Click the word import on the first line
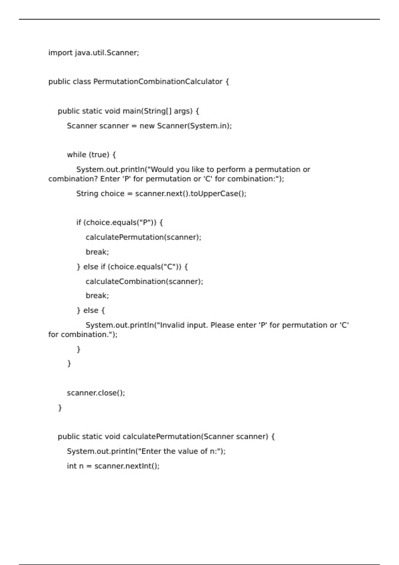tap(60, 53)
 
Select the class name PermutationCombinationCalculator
tap(158, 82)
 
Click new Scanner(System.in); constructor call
tap(186, 126)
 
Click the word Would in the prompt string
tap(162, 169)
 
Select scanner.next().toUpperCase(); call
tap(191, 194)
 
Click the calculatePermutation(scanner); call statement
tap(143, 237)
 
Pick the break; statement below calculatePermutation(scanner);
tap(97, 252)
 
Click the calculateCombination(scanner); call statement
tap(144, 282)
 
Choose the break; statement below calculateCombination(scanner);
tap(97, 296)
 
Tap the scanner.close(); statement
tap(96, 393)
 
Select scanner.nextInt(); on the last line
tap(127, 466)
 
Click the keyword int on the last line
tap(71, 466)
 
